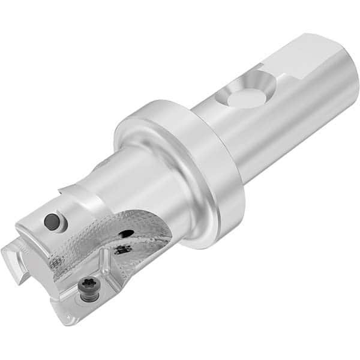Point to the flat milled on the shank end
pos(312,56)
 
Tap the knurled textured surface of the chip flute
pos(90,246)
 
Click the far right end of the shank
pos(354,84)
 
